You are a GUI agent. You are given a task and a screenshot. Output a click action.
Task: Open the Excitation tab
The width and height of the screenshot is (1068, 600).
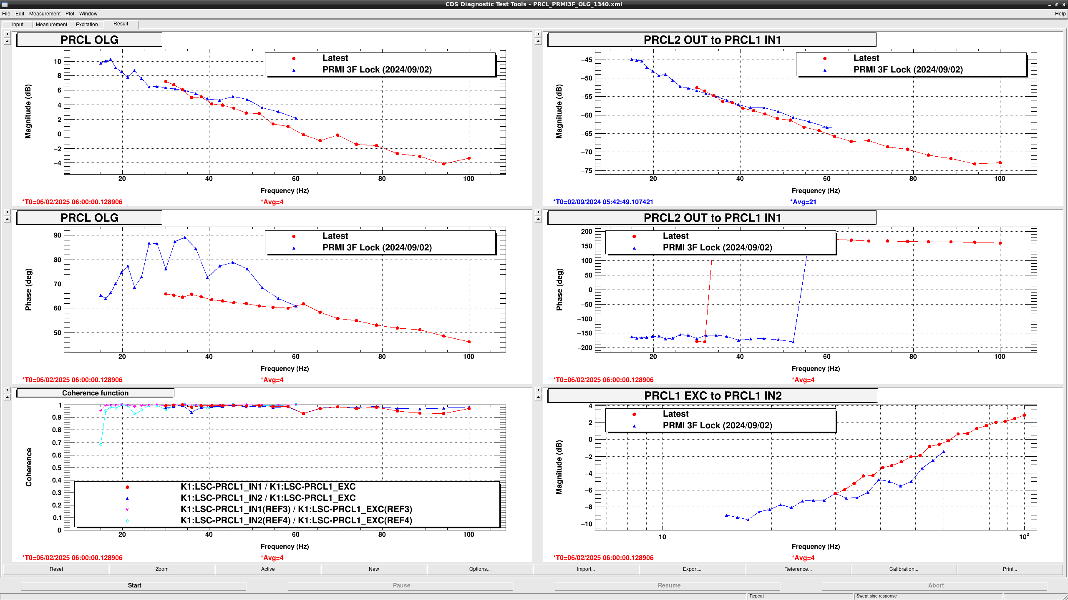tap(87, 25)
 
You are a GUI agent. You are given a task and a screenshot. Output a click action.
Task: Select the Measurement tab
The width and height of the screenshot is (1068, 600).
tap(51, 25)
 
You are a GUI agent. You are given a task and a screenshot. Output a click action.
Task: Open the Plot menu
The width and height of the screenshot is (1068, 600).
tap(70, 14)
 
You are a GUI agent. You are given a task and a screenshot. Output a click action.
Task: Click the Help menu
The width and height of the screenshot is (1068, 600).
tap(1060, 14)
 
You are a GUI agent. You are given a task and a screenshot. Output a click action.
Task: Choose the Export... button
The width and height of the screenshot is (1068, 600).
tap(692, 569)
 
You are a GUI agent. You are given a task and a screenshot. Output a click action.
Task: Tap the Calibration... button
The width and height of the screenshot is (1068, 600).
tap(904, 569)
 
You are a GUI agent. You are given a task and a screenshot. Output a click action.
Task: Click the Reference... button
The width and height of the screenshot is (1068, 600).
tap(798, 569)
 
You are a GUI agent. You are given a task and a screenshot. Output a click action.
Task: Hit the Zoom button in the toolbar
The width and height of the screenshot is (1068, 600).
tap(162, 569)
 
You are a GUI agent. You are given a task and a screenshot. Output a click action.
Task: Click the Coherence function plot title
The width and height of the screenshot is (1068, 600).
tap(95, 393)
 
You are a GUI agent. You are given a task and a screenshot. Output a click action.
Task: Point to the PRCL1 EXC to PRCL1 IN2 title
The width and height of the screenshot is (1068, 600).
tap(713, 396)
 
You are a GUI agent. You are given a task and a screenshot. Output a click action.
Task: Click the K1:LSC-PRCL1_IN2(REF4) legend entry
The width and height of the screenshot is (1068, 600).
tap(296, 520)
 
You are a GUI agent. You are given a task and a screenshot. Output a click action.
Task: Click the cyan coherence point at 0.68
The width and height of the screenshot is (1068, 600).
tap(101, 444)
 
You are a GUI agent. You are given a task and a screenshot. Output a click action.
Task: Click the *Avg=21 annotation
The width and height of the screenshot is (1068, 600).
tap(803, 202)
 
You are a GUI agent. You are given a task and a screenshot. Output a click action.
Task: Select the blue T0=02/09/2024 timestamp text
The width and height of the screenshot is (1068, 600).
tap(603, 202)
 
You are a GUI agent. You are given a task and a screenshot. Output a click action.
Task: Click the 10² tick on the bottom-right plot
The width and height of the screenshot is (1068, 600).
tap(1024, 536)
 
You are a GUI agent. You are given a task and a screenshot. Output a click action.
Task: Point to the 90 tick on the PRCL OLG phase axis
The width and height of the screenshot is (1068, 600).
tap(57, 235)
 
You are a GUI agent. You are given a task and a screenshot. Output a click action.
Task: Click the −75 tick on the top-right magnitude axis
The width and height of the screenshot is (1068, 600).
tap(586, 170)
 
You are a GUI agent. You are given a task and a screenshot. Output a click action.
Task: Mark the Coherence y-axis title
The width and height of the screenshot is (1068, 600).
tap(29, 467)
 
